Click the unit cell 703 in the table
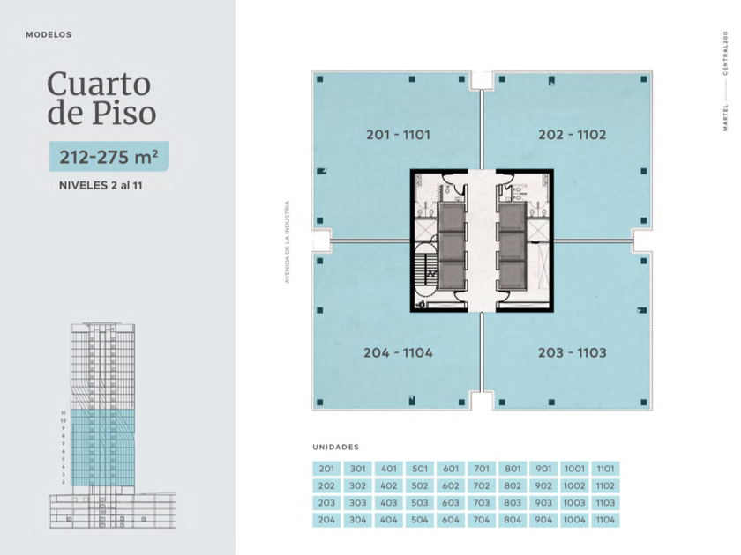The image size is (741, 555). [482, 503]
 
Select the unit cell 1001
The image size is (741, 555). [574, 469]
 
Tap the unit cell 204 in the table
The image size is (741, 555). [326, 520]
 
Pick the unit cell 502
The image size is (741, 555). [420, 486]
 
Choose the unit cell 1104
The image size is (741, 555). [605, 520]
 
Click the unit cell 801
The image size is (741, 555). [513, 469]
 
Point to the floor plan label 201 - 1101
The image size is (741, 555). [399, 135]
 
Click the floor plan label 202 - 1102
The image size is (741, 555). [573, 135]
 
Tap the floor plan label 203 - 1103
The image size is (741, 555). [573, 353]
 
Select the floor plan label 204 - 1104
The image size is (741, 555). [399, 353]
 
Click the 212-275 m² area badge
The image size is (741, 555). [109, 156]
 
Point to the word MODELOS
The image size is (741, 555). [49, 35]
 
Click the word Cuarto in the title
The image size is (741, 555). [99, 84]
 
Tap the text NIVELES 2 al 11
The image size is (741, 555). [101, 186]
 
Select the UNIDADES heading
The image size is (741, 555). [336, 447]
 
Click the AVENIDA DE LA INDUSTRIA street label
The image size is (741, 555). [287, 242]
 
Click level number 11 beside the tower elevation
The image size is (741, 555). [64, 413]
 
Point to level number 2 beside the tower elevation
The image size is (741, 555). [64, 482]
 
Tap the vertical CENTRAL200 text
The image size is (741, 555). [725, 54]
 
